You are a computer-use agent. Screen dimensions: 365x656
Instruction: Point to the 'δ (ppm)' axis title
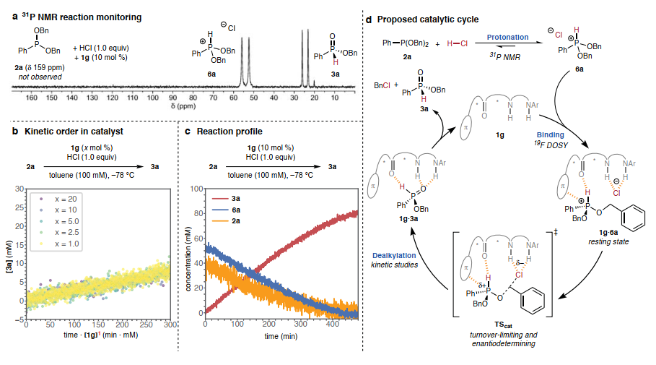pyautogui.click(x=185, y=105)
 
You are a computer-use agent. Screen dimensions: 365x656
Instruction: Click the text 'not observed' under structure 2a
pyautogui.click(x=34, y=74)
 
